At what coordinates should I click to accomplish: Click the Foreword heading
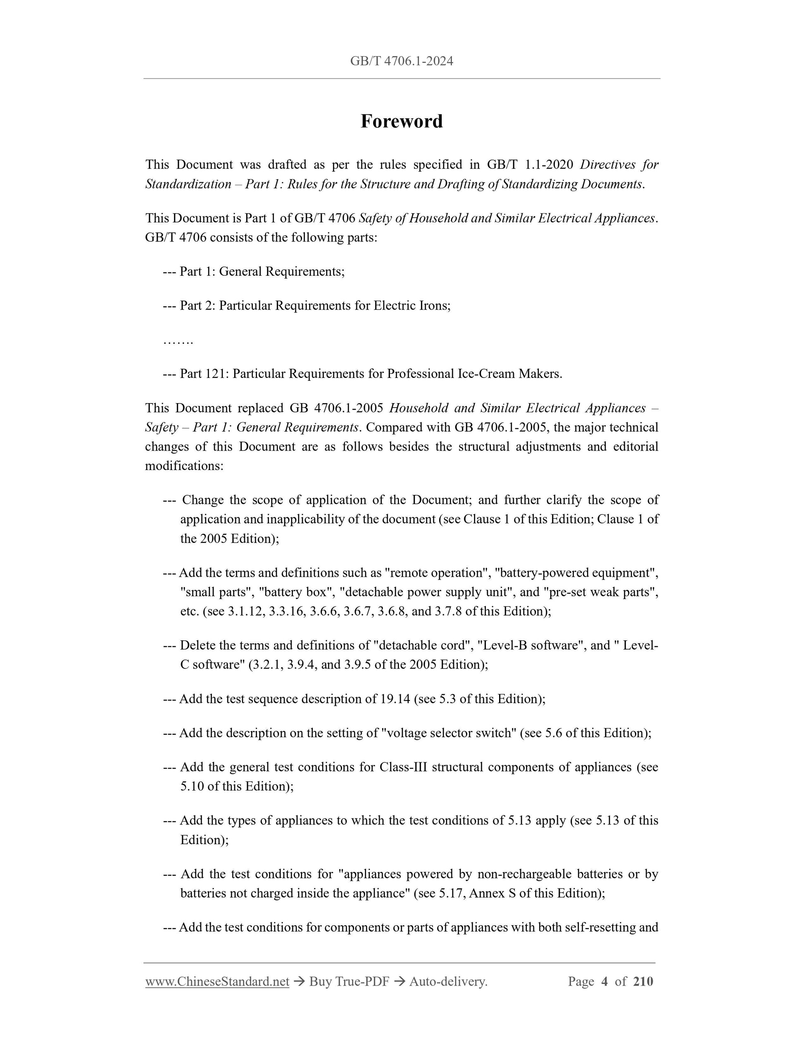point(402,122)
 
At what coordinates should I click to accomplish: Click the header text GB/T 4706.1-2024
point(402,61)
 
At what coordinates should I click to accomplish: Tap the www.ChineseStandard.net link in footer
point(217,981)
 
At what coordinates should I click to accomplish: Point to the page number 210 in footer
point(643,981)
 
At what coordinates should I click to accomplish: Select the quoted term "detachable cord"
point(424,646)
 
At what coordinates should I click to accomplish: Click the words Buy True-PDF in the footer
point(349,981)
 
